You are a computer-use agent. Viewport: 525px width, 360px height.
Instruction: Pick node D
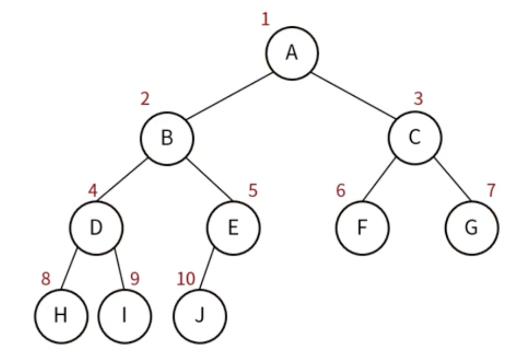[x=96, y=228]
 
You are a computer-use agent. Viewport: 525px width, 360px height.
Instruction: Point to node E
[x=233, y=228]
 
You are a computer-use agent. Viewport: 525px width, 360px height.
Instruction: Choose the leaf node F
[x=362, y=228]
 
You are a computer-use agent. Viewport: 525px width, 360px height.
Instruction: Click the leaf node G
[x=472, y=228]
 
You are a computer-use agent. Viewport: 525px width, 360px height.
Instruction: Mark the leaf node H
[x=61, y=316]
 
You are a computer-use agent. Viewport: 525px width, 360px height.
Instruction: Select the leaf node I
[x=124, y=316]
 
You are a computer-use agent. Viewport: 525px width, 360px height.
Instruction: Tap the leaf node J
[x=200, y=316]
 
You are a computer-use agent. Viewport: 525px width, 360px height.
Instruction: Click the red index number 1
[x=265, y=19]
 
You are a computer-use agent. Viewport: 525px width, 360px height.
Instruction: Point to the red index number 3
[x=418, y=99]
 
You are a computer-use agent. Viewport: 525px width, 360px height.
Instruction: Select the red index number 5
[x=253, y=190]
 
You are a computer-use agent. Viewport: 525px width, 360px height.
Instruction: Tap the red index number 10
[x=185, y=279]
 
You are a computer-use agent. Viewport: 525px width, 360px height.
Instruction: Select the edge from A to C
[x=353, y=96]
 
